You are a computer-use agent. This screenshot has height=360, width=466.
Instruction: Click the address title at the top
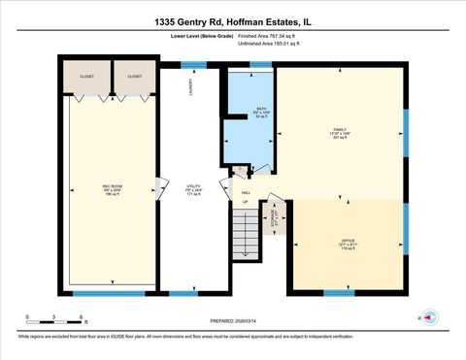tap(232, 20)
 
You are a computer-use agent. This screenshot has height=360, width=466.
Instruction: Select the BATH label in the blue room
tap(261, 111)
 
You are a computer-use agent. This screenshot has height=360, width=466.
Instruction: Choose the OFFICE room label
tap(348, 244)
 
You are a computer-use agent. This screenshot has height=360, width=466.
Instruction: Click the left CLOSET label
tap(86, 76)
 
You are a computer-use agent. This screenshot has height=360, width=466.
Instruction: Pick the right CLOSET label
tap(135, 76)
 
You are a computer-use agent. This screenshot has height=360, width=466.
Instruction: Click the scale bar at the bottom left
tap(55, 317)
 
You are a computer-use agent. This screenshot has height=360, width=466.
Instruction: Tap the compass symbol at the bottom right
tap(429, 315)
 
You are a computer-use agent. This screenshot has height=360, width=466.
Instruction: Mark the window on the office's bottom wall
tap(339, 292)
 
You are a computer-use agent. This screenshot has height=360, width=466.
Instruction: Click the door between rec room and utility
tap(160, 187)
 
